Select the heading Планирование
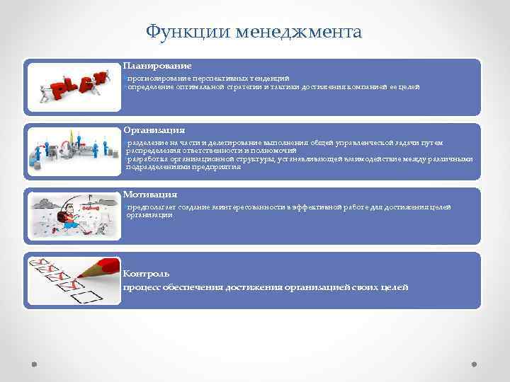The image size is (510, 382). (x=157, y=65)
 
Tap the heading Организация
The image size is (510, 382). (x=154, y=130)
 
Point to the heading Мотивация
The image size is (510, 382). (x=149, y=194)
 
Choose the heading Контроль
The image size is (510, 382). (x=146, y=273)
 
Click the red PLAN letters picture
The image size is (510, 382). (x=74, y=87)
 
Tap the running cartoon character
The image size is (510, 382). (x=71, y=216)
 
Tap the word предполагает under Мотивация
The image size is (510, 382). (x=148, y=207)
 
